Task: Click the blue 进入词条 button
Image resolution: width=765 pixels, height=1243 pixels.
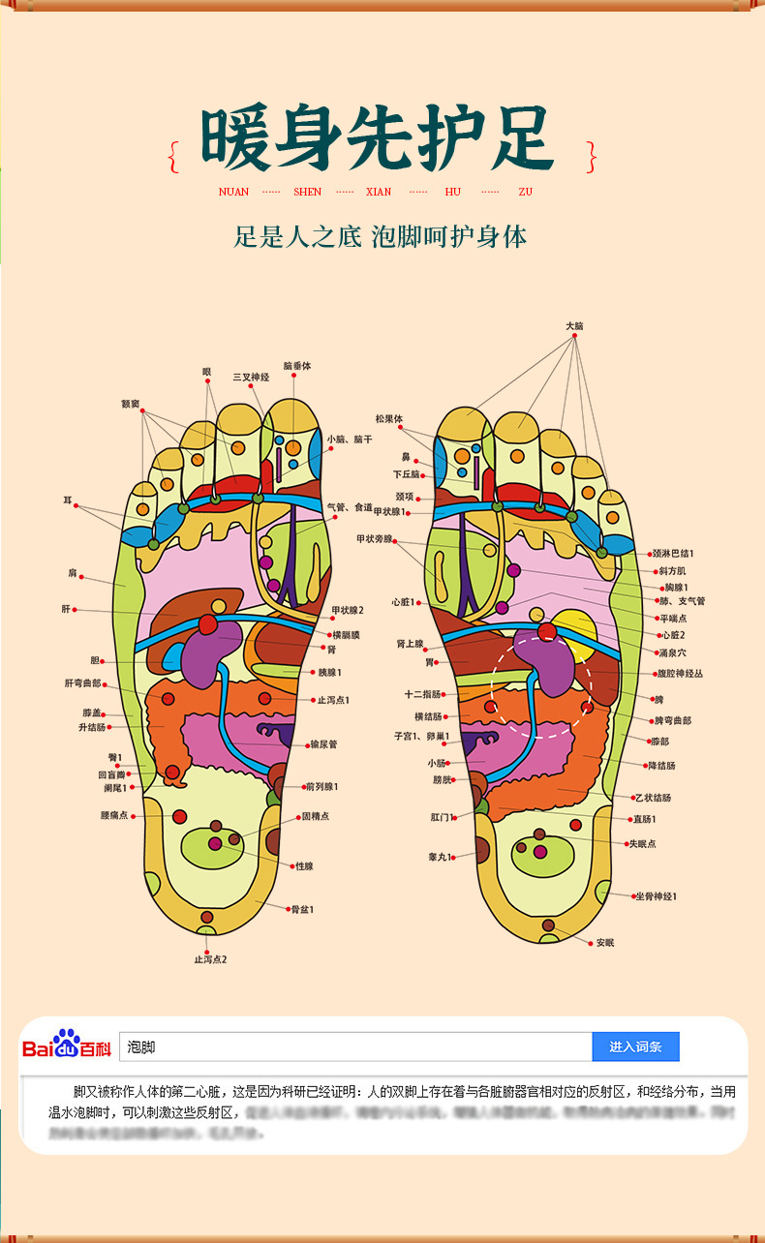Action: click(635, 1046)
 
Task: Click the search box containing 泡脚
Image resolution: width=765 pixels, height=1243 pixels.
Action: click(354, 1046)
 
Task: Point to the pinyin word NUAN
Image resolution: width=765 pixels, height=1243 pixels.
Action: click(233, 192)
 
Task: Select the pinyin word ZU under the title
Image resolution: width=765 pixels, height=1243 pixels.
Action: click(526, 192)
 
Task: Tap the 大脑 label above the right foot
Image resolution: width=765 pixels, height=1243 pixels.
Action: click(575, 326)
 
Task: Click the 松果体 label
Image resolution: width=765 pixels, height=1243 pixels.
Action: click(389, 418)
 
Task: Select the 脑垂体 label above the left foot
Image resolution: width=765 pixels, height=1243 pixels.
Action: click(297, 366)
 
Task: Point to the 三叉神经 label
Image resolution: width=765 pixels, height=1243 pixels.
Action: click(250, 377)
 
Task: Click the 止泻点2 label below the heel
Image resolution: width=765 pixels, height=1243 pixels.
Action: click(210, 959)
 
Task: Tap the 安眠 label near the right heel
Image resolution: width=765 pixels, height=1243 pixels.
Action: click(605, 942)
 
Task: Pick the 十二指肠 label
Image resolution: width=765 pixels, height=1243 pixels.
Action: click(423, 694)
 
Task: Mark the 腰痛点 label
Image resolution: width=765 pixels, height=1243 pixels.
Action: click(114, 815)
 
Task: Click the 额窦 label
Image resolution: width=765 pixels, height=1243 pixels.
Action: click(130, 403)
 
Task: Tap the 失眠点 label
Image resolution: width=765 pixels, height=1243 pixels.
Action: click(642, 843)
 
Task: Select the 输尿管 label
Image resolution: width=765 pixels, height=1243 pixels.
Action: click(322, 744)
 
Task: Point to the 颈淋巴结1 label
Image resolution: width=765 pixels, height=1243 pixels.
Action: click(673, 553)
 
